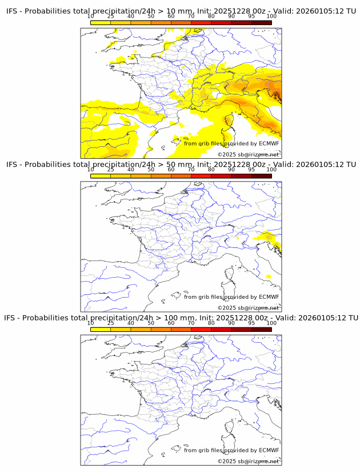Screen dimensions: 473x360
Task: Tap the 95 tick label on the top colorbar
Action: point(251,17)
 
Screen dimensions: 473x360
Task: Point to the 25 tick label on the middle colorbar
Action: point(111,170)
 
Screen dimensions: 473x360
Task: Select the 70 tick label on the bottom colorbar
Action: point(191,323)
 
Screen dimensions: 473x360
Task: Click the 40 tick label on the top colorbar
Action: point(131,17)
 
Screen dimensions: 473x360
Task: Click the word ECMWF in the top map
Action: point(269,143)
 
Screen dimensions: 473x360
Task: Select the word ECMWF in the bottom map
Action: point(269,450)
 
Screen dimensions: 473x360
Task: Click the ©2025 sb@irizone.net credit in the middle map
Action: point(248,308)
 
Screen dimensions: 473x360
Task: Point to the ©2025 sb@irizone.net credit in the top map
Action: point(248,155)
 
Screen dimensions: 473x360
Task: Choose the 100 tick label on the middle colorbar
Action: point(271,170)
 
